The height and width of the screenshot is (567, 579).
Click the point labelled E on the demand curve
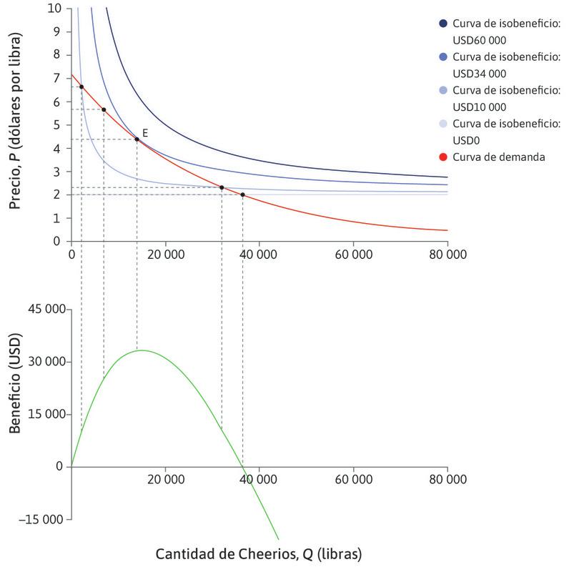coord(137,139)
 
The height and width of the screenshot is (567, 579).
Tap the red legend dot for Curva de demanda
coord(444,157)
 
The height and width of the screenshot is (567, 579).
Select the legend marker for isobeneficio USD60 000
coord(444,24)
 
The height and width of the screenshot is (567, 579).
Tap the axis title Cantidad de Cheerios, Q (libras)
coord(259,553)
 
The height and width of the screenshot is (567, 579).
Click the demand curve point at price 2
coord(242,194)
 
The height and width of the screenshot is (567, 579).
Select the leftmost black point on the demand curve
coord(81,87)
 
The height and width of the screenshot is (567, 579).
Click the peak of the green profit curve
coord(142,350)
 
